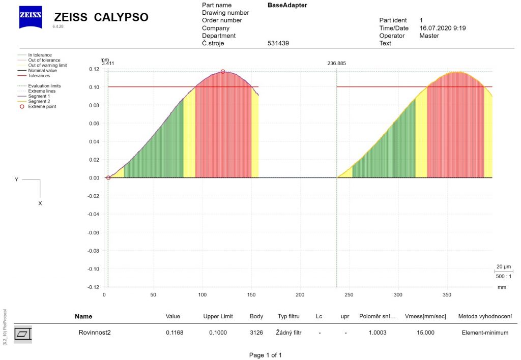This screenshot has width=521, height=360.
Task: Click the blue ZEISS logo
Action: pos(31,17)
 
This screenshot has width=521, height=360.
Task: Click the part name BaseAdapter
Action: pos(287,5)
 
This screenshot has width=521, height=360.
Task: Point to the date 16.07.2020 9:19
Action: pos(442,28)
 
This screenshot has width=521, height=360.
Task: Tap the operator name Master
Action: pos(429,36)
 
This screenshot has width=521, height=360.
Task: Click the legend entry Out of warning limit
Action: pos(47,65)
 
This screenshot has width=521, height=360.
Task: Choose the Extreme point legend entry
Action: pos(42,106)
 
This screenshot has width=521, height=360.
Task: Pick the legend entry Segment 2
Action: pos(39,101)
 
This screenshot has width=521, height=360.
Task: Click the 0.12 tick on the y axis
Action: pos(94,69)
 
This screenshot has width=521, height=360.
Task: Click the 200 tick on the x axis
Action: pos(300,294)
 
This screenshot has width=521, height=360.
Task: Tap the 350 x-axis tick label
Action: pos(447,294)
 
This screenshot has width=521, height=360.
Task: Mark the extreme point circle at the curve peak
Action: pos(223,72)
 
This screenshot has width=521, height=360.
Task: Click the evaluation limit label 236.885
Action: pos(336,64)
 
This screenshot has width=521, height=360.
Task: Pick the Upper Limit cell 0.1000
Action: pos(218,333)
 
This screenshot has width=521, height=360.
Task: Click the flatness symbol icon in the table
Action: pos(23,334)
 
